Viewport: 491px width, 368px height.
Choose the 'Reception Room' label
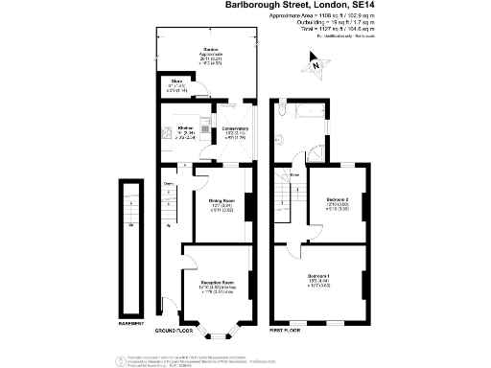click(216, 283)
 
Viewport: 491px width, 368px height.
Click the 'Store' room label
click(176, 81)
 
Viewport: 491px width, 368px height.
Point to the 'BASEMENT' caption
click(131, 323)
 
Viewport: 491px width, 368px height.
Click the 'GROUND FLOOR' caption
click(175, 330)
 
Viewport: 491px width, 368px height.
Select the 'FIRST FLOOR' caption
click(285, 330)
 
